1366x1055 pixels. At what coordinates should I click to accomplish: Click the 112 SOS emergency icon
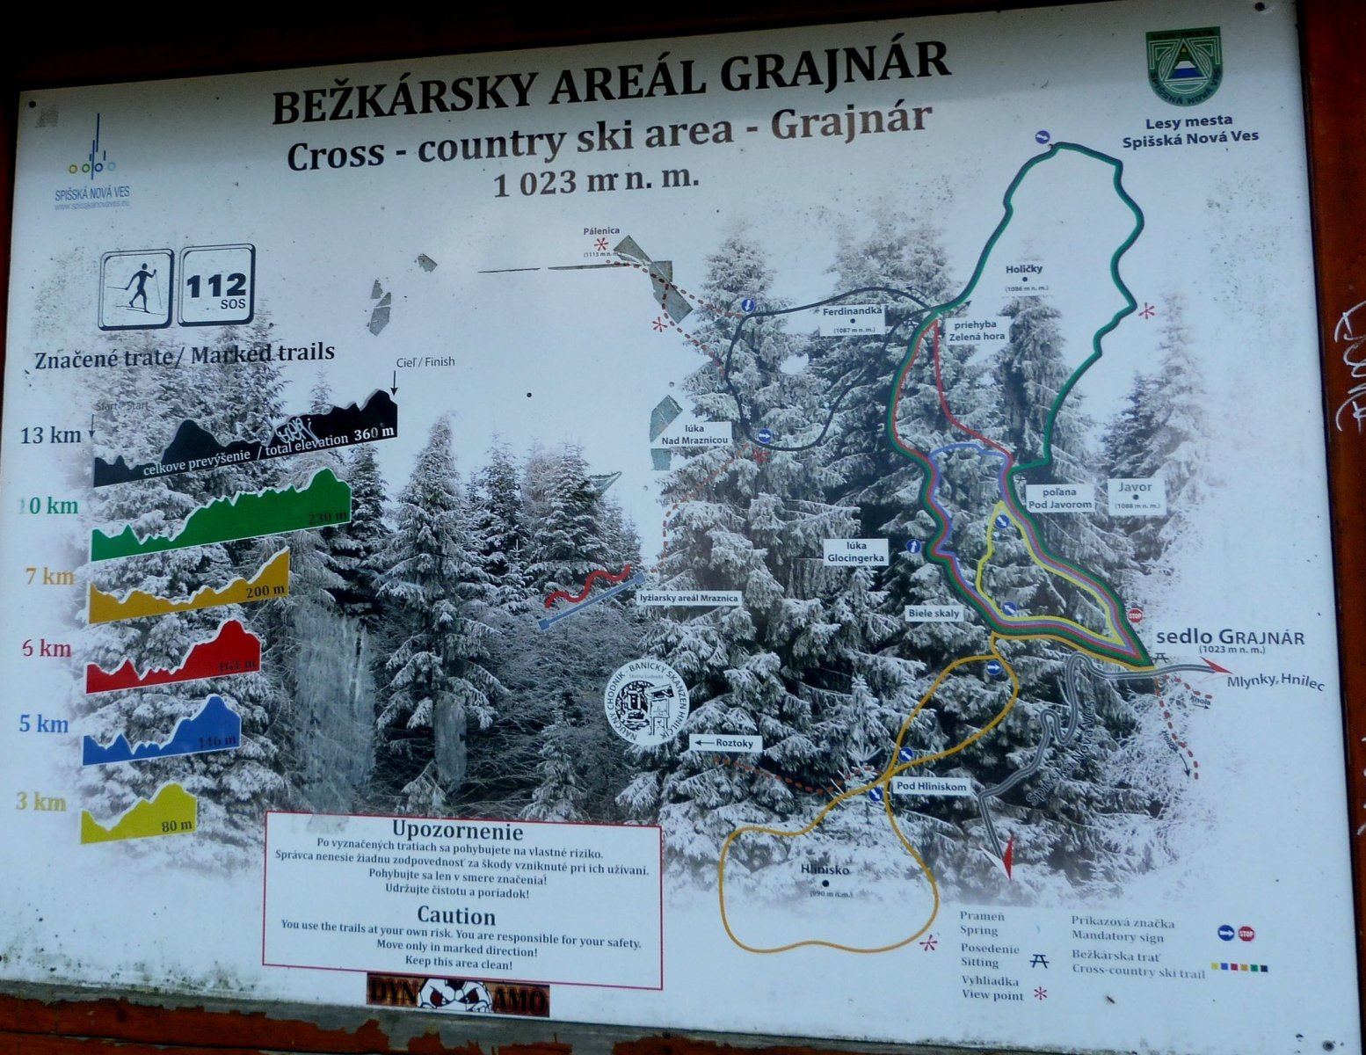(x=216, y=286)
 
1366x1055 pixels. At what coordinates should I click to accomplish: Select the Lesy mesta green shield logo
(x=1183, y=68)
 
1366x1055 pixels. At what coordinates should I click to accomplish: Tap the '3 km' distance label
(x=41, y=802)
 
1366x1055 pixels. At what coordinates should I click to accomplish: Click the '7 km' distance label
(x=49, y=577)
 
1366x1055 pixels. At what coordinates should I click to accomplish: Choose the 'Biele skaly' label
(x=935, y=614)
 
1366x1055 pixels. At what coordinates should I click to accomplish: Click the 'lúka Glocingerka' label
(x=856, y=551)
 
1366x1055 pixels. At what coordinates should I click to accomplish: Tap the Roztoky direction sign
(x=725, y=743)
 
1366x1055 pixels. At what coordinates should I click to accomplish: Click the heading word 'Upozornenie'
(x=457, y=831)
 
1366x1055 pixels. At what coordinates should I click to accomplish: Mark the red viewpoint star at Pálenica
(x=602, y=244)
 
